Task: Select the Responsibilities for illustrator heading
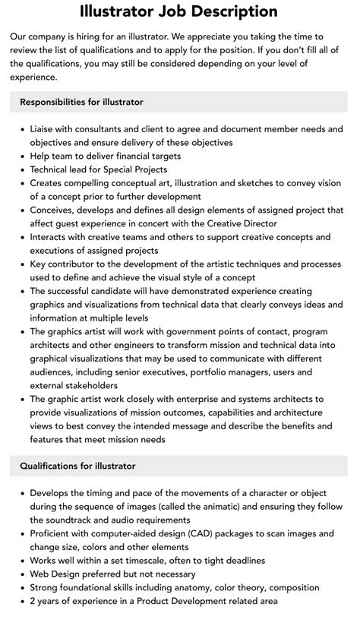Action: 81,102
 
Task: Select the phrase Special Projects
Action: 137,169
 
